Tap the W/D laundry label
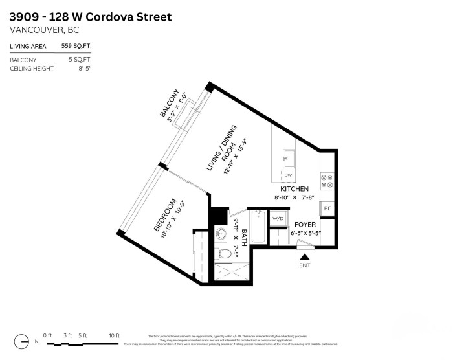click(x=278, y=219)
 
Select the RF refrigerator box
click(x=327, y=209)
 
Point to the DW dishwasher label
click(x=287, y=175)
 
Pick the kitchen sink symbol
click(x=288, y=158)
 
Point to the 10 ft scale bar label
click(x=114, y=335)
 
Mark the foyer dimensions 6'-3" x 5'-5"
click(x=305, y=232)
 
